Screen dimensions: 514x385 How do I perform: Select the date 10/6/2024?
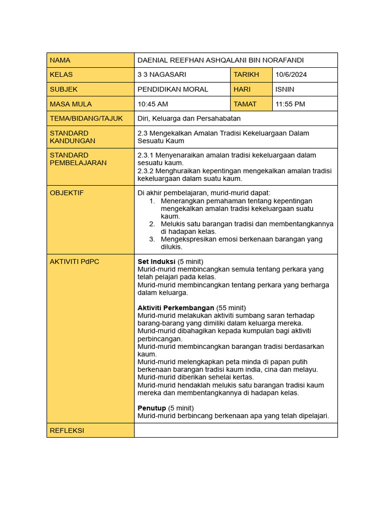click(291, 75)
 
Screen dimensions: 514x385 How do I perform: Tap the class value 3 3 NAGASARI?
click(161, 75)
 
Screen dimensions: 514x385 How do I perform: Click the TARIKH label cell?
click(246, 75)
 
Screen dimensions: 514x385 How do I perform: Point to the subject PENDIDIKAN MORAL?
click(172, 89)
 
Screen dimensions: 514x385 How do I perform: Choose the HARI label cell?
click(242, 89)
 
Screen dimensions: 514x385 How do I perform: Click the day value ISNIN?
click(285, 89)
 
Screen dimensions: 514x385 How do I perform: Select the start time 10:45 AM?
click(153, 104)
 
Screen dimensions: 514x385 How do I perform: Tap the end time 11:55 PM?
click(290, 104)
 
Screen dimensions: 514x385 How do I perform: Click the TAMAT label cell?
click(245, 104)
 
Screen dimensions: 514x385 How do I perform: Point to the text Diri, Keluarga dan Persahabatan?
click(189, 118)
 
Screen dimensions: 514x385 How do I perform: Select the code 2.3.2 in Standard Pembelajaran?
click(145, 171)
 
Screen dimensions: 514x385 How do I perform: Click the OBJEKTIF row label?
click(67, 193)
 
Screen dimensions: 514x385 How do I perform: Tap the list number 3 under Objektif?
click(152, 239)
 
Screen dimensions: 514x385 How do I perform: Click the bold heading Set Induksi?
click(156, 262)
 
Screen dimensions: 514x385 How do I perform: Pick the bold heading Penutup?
click(152, 408)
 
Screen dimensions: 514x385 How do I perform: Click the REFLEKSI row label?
click(67, 431)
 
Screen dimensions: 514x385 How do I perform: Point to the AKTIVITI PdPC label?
click(75, 262)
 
